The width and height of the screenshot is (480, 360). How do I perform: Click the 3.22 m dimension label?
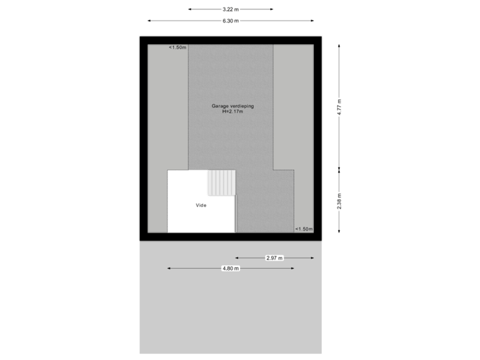[x=231, y=9]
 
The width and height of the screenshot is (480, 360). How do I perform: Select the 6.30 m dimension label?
[x=231, y=21]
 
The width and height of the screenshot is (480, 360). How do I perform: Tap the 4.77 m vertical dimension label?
[x=339, y=107]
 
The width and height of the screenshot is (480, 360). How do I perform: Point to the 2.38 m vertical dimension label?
[x=339, y=202]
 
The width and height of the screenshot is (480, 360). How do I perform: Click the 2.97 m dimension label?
[x=275, y=257]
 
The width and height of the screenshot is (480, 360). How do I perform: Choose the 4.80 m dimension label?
[x=231, y=268]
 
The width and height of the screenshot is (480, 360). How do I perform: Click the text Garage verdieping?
[x=233, y=106]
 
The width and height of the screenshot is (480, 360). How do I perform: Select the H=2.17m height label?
[x=233, y=111]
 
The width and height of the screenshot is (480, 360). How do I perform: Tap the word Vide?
[x=201, y=205]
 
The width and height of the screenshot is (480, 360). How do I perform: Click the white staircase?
[x=222, y=183]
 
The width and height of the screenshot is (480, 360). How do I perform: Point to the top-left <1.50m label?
[x=177, y=47]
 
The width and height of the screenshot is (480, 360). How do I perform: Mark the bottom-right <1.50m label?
[x=303, y=229]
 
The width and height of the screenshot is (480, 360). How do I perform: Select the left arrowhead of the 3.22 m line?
[x=190, y=9]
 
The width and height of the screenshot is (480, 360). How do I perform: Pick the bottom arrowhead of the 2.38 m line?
[x=339, y=231]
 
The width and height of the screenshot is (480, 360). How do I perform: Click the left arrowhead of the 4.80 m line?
[x=169, y=268]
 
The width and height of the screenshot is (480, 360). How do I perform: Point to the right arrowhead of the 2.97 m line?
[x=313, y=257]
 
